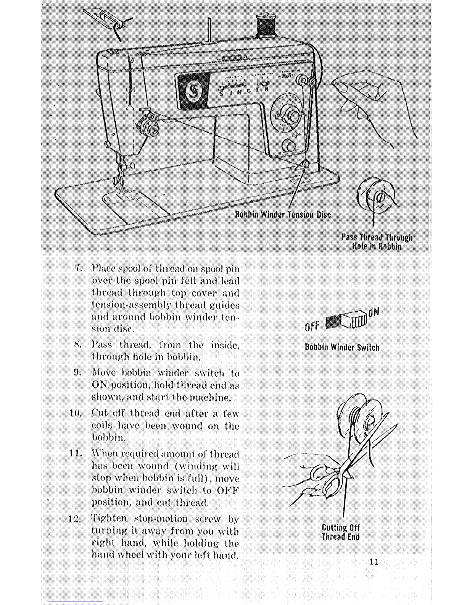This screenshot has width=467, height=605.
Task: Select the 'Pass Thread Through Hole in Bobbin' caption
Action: [377, 242]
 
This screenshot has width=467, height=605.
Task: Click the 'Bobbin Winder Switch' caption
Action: [342, 347]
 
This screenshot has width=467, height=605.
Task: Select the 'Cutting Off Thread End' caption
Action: [341, 532]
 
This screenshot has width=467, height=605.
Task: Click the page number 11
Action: [374, 561]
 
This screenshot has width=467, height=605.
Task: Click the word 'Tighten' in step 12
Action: [109, 519]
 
